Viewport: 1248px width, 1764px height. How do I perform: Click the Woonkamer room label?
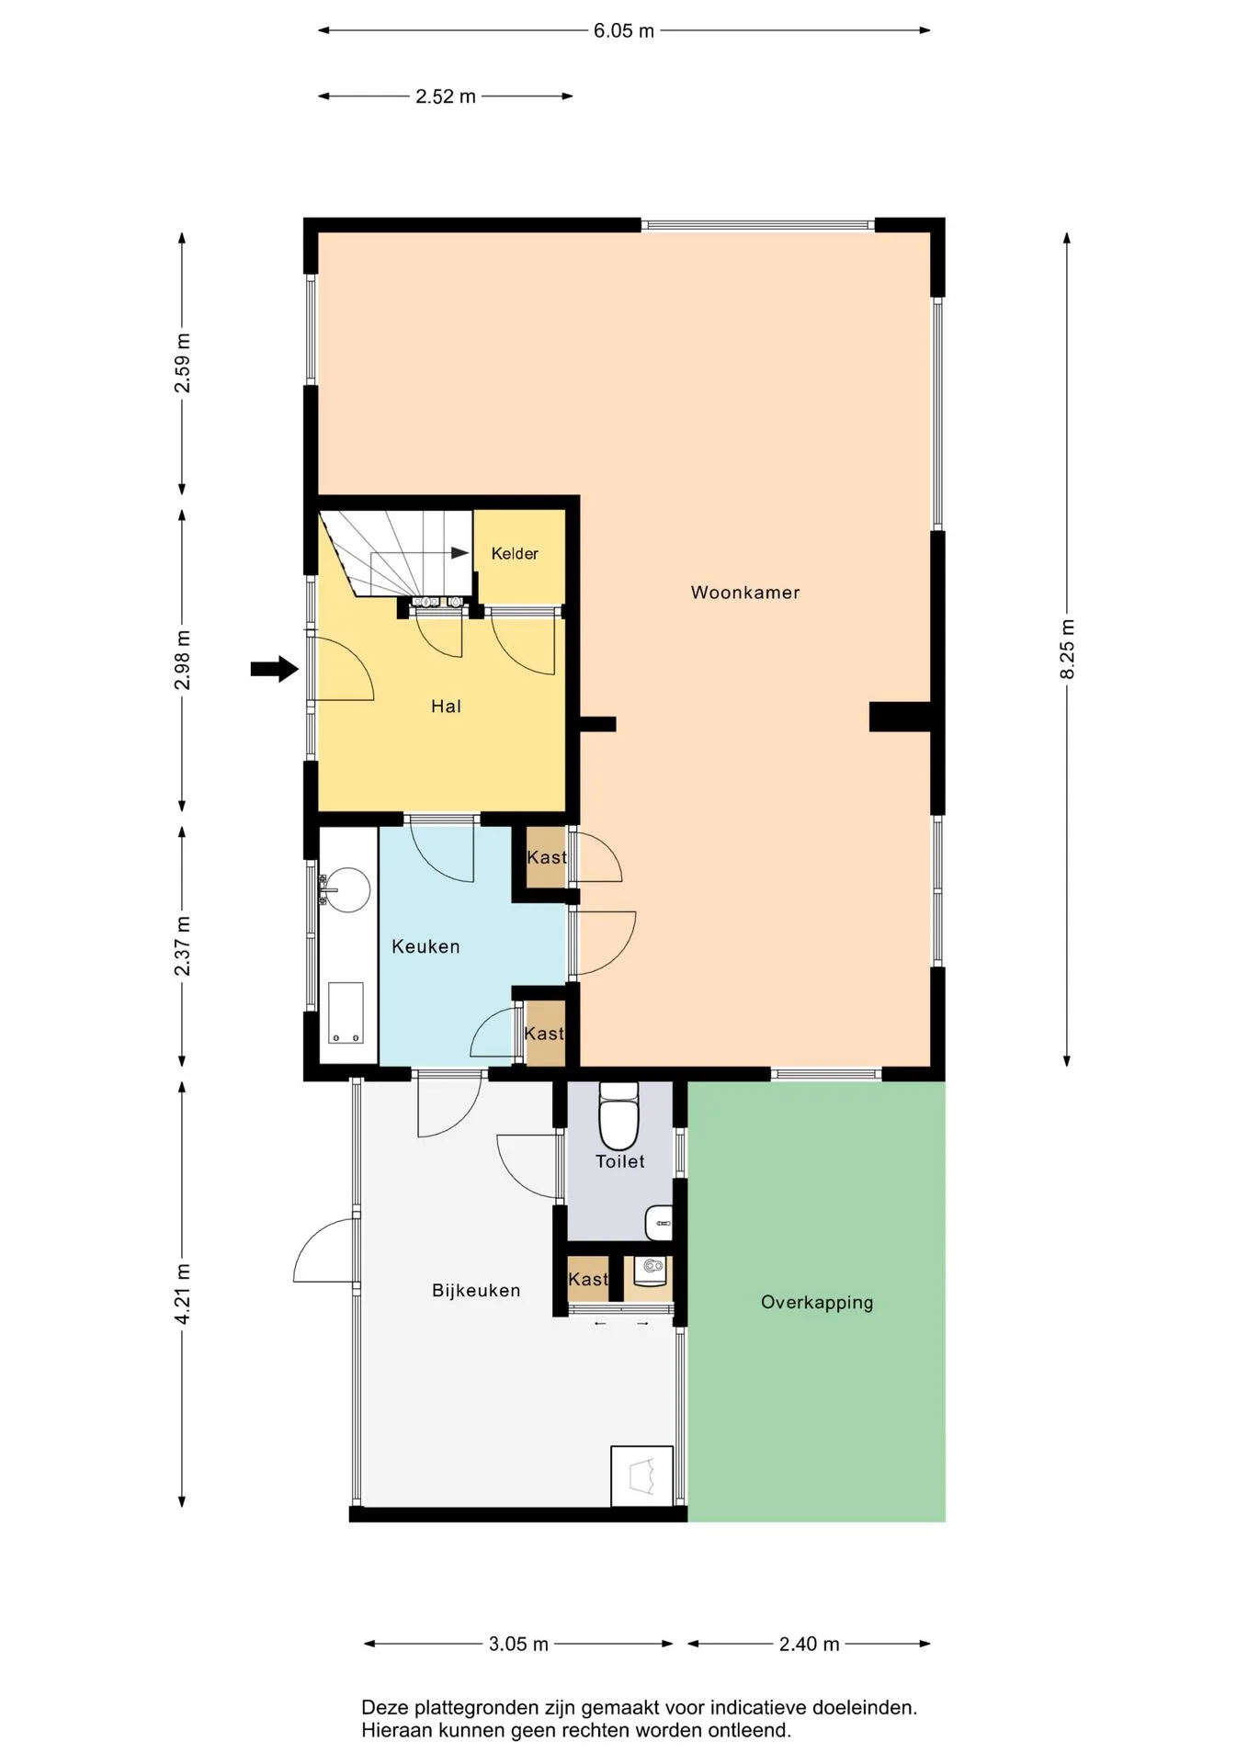(745, 593)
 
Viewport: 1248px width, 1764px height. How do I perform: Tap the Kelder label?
(515, 553)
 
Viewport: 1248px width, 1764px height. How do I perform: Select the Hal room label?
(446, 707)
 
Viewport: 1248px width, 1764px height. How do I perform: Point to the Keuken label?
(425, 946)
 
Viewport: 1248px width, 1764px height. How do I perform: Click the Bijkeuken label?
(476, 1291)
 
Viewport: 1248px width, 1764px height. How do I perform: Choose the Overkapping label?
(817, 1303)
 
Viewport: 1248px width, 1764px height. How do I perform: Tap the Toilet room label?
(620, 1161)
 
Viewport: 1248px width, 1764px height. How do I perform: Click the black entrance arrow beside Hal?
(275, 669)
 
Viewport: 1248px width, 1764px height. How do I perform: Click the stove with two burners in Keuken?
(346, 1013)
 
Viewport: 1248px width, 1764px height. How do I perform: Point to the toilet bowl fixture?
(618, 1115)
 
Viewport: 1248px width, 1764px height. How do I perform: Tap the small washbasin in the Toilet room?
(660, 1224)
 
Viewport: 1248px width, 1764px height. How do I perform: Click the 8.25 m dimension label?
(1067, 650)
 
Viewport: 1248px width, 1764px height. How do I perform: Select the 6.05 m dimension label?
(624, 31)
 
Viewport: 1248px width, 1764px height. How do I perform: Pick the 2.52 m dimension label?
(446, 96)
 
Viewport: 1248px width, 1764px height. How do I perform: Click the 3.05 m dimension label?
(519, 1644)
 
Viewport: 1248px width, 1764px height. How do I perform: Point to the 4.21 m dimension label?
(182, 1295)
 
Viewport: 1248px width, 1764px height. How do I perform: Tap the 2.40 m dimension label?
(810, 1644)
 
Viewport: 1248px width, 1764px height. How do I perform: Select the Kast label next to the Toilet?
(588, 1279)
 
